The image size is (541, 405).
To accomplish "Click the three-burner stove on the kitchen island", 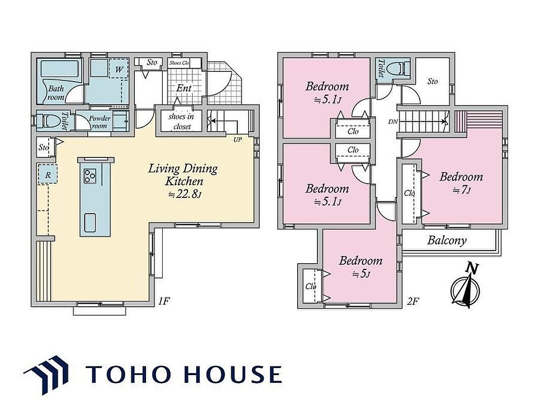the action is pyautogui.click(x=90, y=176).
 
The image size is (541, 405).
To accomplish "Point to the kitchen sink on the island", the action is pyautogui.click(x=90, y=222).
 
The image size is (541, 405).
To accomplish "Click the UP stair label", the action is pyautogui.click(x=237, y=140).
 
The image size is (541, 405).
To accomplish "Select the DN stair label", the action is pyautogui.click(x=392, y=121).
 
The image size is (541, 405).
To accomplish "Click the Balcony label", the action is pyautogui.click(x=447, y=240).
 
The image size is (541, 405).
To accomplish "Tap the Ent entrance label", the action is pyautogui.click(x=184, y=88).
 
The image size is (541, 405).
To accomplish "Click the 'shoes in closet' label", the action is pyautogui.click(x=181, y=121).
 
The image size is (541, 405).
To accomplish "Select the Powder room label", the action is pyautogui.click(x=99, y=122).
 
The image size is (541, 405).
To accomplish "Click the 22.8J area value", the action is pyautogui.click(x=185, y=194).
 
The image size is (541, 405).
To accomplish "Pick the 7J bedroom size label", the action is pyautogui.click(x=461, y=190).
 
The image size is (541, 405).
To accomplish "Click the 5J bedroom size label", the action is pyautogui.click(x=361, y=274).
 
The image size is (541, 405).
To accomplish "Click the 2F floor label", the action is pyautogui.click(x=413, y=301).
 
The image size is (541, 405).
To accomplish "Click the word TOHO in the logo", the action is pyautogui.click(x=129, y=374).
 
